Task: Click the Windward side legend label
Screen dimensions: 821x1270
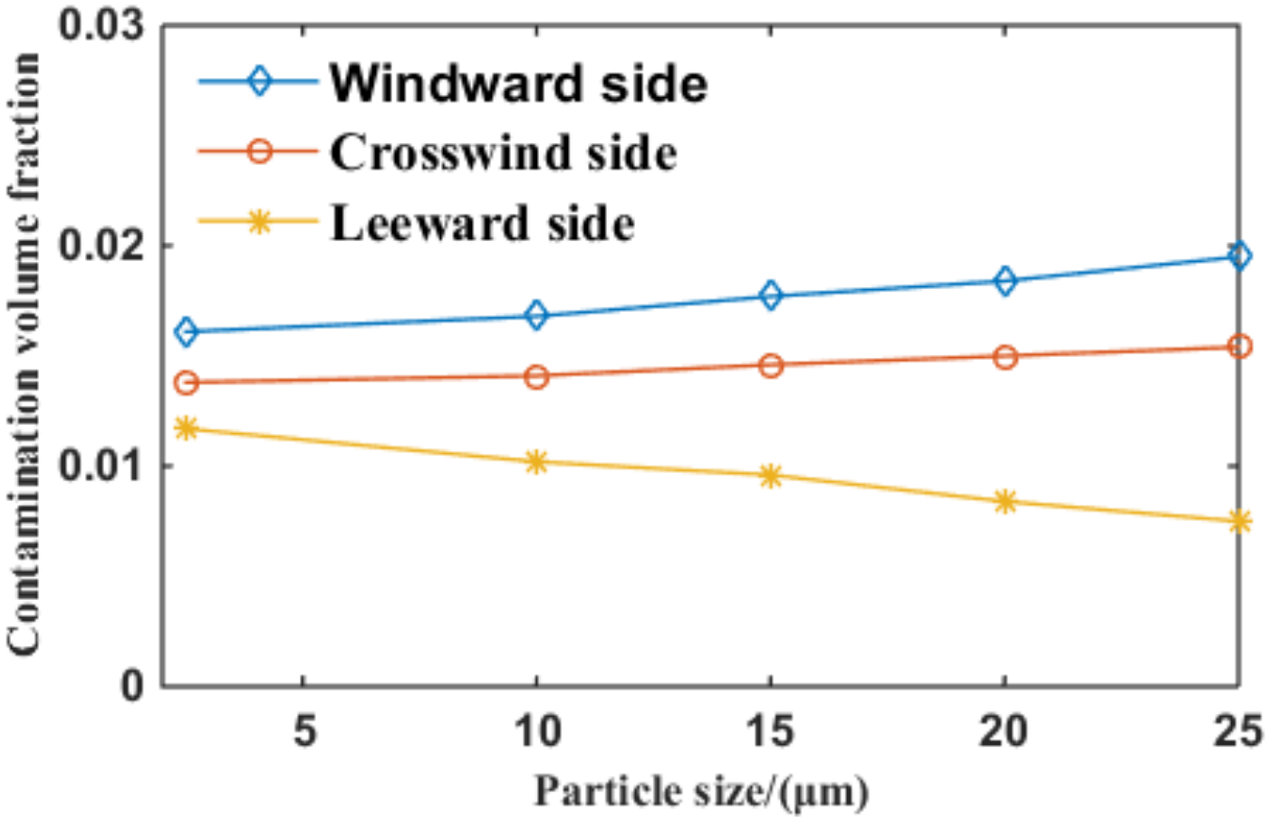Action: point(518,83)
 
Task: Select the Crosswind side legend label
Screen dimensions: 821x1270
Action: point(503,152)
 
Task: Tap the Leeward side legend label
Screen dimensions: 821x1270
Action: point(482,223)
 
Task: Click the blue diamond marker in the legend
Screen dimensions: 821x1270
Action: point(259,82)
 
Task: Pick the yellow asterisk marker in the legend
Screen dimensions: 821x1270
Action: point(259,221)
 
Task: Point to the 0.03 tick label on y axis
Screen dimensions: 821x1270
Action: point(101,24)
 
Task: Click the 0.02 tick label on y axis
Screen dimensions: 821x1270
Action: point(101,246)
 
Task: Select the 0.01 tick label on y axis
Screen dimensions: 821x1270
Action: point(101,466)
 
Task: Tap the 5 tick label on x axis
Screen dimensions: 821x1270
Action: point(304,729)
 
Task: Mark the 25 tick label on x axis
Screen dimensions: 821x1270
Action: point(1236,729)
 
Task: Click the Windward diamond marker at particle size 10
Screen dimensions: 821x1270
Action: point(536,315)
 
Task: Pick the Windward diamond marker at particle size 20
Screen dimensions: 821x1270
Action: point(1005,281)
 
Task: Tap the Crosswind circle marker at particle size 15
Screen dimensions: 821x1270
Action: point(770,366)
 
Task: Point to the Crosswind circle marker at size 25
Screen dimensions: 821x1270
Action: point(1239,346)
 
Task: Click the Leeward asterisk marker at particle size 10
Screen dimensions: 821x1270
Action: point(536,462)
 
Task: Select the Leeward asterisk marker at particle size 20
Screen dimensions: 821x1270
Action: point(1005,501)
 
